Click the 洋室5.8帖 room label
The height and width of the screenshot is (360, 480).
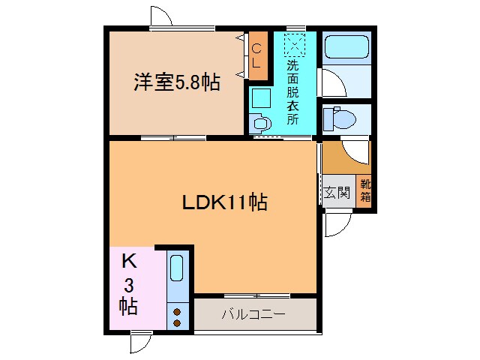point(177,82)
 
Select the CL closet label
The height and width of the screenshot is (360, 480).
point(256,56)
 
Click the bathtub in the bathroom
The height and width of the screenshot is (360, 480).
point(346,49)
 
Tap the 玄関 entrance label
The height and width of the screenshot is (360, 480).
point(337,192)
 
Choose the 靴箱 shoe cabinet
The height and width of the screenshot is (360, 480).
point(364,191)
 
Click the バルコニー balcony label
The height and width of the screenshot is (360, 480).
point(253,313)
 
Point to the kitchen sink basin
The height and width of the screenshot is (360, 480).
point(177,268)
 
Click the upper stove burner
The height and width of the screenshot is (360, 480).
point(178,310)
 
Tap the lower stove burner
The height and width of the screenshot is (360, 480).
point(178,322)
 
